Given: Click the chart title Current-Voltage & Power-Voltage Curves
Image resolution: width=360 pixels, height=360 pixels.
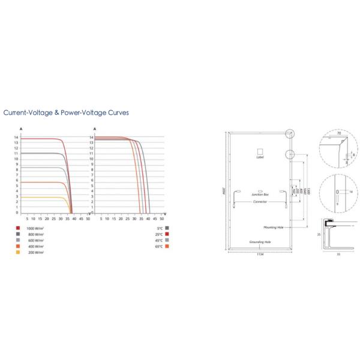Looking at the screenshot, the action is coord(66,112).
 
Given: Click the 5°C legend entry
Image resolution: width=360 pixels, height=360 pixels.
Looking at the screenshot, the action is coord(159,229).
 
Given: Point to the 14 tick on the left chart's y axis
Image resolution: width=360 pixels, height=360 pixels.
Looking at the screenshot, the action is coord(17,138).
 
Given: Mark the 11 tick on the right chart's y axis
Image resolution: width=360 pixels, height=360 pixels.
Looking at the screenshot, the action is coord(91,154).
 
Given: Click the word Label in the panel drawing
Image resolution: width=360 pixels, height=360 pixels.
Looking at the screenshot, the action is coord(260,157).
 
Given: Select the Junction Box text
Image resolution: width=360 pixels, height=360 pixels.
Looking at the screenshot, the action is coord(260,196).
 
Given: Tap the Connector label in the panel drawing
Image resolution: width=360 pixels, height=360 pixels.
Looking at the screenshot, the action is coord(260,202).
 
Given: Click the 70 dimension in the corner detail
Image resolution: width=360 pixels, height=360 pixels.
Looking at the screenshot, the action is coord(340,133).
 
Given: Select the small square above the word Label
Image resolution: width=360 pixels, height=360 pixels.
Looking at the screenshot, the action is coord(260,151).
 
